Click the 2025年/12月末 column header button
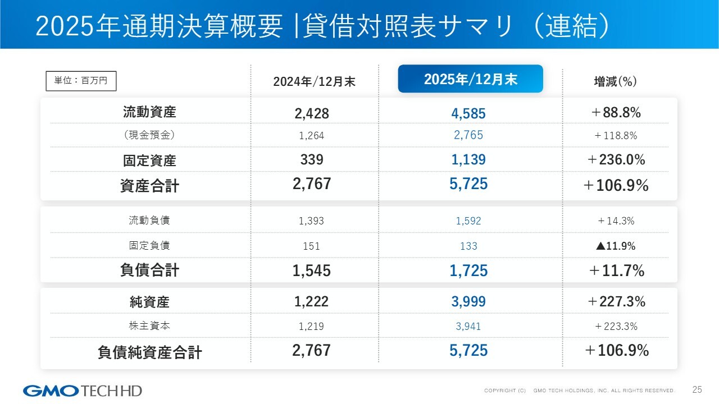pyautogui.click(x=470, y=79)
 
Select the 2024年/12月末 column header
pyautogui.click(x=314, y=82)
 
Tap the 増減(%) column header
pyautogui.click(x=615, y=82)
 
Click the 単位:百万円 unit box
pyautogui.click(x=80, y=81)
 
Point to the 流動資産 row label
pyautogui.click(x=149, y=112)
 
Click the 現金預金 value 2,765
pyautogui.click(x=468, y=135)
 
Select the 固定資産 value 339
pyautogui.click(x=312, y=160)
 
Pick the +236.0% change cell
pyautogui.click(x=616, y=160)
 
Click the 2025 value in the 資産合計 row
pyautogui.click(x=468, y=184)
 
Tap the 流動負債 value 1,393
pyautogui.click(x=312, y=221)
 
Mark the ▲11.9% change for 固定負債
pyautogui.click(x=616, y=246)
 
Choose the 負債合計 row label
pyautogui.click(x=149, y=270)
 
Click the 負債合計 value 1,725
pyautogui.click(x=468, y=270)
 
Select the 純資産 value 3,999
pyautogui.click(x=468, y=302)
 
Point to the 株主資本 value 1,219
pyautogui.click(x=312, y=327)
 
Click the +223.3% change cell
pyautogui.click(x=616, y=327)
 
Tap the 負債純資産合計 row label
pyautogui.click(x=149, y=352)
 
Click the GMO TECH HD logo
pyautogui.click(x=83, y=391)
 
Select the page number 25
pyautogui.click(x=697, y=390)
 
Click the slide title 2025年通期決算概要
pyautogui.click(x=159, y=27)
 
